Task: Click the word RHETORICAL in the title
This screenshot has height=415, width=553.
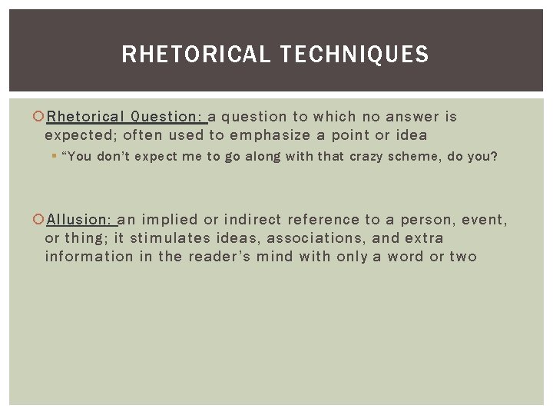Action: (195, 55)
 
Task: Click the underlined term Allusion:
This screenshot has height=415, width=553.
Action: (78, 221)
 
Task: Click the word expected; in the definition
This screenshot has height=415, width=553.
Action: (80, 135)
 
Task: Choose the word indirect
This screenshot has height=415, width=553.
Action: (253, 221)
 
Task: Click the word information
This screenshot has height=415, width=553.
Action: (88, 256)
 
